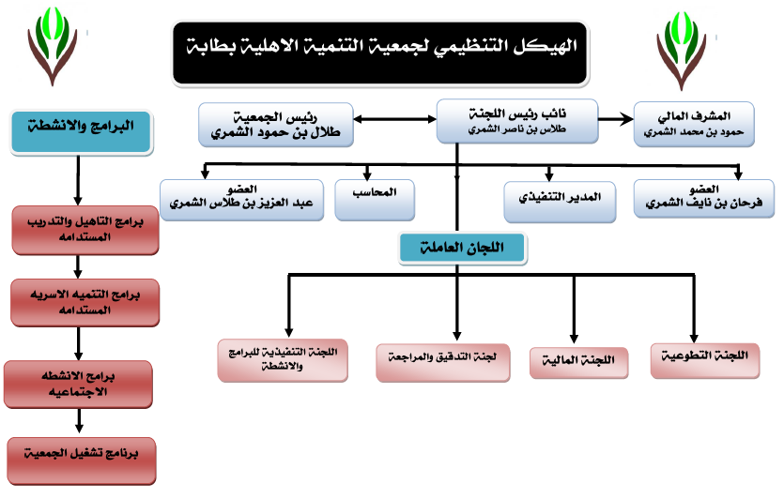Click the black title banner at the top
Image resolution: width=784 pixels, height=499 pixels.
[380, 53]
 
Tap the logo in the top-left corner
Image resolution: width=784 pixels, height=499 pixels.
[52, 46]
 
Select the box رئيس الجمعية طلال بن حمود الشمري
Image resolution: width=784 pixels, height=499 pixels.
[276, 125]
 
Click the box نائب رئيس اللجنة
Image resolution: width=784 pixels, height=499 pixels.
[517, 121]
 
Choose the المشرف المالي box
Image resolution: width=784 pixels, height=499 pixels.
[694, 125]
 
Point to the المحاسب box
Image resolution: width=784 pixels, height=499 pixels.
[375, 200]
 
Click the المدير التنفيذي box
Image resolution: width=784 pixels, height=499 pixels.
[560, 202]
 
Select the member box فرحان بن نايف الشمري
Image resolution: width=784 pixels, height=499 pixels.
[703, 199]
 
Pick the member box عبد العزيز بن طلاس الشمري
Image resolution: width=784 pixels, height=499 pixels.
[241, 200]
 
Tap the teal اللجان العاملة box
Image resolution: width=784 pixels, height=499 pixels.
[463, 249]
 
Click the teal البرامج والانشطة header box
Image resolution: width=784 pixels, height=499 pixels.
[81, 132]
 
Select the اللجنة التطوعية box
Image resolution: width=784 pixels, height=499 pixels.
[705, 360]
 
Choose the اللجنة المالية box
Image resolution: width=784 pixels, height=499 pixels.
[578, 363]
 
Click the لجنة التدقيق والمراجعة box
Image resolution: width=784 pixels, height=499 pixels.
[442, 363]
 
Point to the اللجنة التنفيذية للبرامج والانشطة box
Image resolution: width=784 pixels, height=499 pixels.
[283, 360]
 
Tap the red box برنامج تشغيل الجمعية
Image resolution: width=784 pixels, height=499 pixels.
[82, 461]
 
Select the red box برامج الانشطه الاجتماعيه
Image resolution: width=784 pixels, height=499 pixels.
[78, 385]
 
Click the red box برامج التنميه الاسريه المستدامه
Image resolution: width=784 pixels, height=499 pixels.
[85, 303]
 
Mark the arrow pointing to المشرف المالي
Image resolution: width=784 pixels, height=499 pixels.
[616, 119]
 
